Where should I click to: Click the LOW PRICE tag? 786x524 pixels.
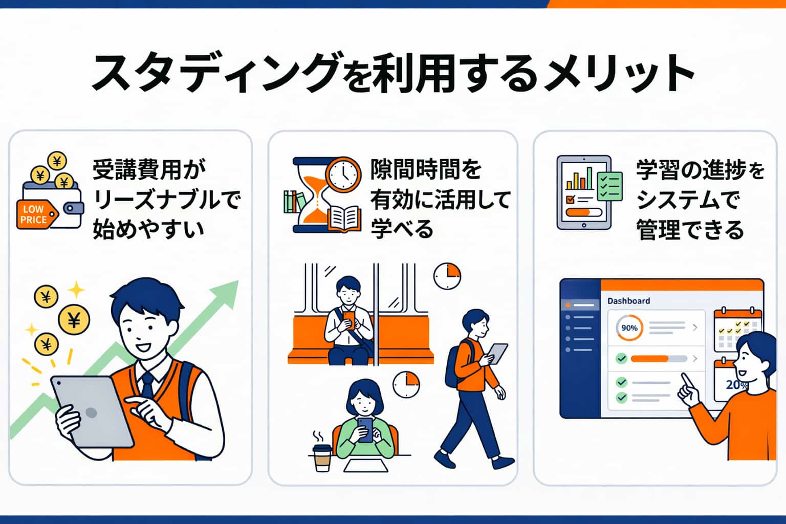coord(34,214)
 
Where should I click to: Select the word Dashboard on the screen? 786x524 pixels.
coord(628,301)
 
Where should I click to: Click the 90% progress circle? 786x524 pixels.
coord(629,328)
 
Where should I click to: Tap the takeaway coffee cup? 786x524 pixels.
coord(322,457)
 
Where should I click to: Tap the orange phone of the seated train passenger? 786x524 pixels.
coord(348,319)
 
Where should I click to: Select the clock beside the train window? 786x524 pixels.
coord(447,276)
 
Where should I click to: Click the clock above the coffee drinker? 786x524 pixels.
coord(406,385)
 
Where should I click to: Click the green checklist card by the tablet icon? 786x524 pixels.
coord(609,186)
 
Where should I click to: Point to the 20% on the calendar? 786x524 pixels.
coord(736,385)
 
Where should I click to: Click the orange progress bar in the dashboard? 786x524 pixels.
coord(649,359)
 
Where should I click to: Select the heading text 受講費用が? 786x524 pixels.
coord(148,169)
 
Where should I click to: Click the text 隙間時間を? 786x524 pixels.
coord(426,169)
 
